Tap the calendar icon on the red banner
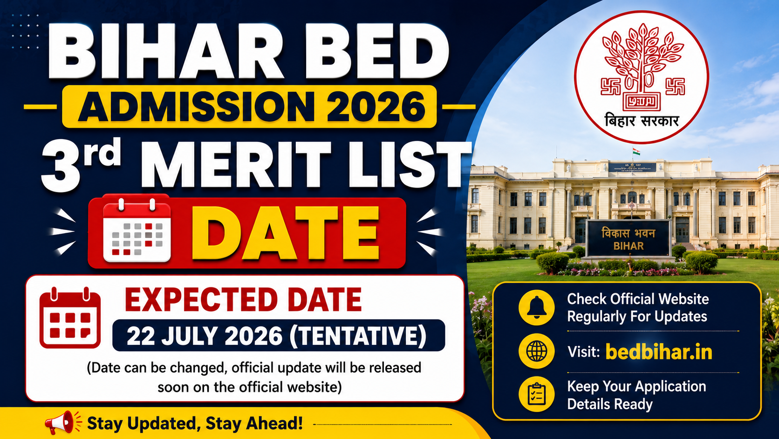coord(137,230)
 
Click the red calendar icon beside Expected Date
coord(70,318)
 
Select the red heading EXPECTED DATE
coord(243,300)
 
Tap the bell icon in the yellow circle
coord(536,307)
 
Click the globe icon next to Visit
coord(536,351)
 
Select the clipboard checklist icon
coord(536,394)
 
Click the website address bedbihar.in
coord(659,352)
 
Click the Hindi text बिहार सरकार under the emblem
coord(642,120)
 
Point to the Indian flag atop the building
coord(636,152)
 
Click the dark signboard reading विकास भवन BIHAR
coord(629,239)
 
